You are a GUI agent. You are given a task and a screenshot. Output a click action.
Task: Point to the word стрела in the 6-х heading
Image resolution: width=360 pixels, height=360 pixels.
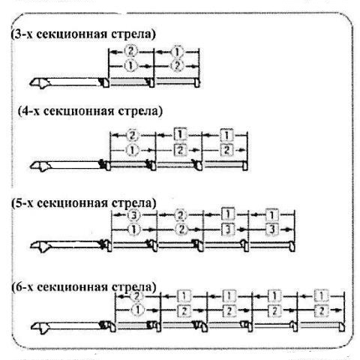(133, 286)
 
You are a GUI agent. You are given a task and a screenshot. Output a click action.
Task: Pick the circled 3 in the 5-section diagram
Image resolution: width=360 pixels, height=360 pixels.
(133, 215)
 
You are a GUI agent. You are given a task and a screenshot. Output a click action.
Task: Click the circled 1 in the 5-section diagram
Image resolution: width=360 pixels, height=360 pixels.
(134, 229)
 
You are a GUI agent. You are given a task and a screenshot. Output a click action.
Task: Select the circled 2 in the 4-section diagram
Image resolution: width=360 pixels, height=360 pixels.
(132, 136)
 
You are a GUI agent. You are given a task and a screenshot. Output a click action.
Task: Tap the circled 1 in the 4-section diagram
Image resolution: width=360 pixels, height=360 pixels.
(132, 151)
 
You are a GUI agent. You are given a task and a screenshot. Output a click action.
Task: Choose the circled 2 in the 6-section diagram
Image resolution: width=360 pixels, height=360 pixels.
(136, 296)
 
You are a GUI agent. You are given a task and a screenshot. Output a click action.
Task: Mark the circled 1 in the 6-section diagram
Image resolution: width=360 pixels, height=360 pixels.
(137, 310)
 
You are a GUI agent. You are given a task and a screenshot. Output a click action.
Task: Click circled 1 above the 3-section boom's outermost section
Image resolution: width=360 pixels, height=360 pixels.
(177, 52)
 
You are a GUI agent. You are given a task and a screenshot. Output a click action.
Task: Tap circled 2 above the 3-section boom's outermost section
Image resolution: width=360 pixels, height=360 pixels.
(177, 66)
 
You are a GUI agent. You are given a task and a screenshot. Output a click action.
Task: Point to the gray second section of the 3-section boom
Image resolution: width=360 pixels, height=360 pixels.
(129, 82)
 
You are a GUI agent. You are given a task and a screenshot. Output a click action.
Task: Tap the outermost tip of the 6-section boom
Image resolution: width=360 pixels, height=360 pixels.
(342, 327)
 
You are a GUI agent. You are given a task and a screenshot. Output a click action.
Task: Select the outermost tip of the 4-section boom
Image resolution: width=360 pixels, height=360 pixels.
(245, 166)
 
